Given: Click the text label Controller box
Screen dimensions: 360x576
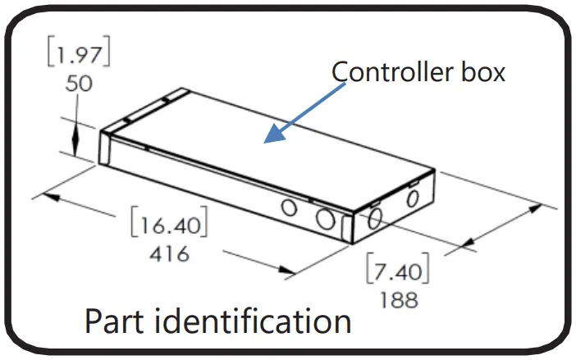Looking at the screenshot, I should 418,72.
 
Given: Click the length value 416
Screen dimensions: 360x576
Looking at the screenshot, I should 170,253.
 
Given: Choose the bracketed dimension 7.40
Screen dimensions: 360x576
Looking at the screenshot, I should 397,270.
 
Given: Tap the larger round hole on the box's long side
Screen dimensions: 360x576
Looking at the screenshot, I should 325,217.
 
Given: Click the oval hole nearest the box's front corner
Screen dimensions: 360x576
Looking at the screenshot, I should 374,217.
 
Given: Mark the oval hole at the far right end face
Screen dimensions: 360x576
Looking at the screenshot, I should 413,197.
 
